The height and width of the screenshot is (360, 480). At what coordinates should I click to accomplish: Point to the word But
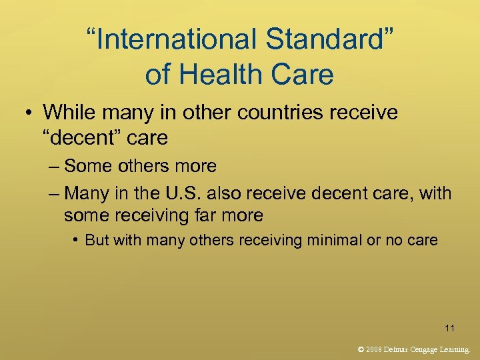pyautogui.click(x=97, y=240)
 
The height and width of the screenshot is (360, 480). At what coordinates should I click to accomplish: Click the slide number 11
pyautogui.click(x=450, y=327)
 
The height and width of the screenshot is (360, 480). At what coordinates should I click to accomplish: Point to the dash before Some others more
pyautogui.click(x=54, y=166)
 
